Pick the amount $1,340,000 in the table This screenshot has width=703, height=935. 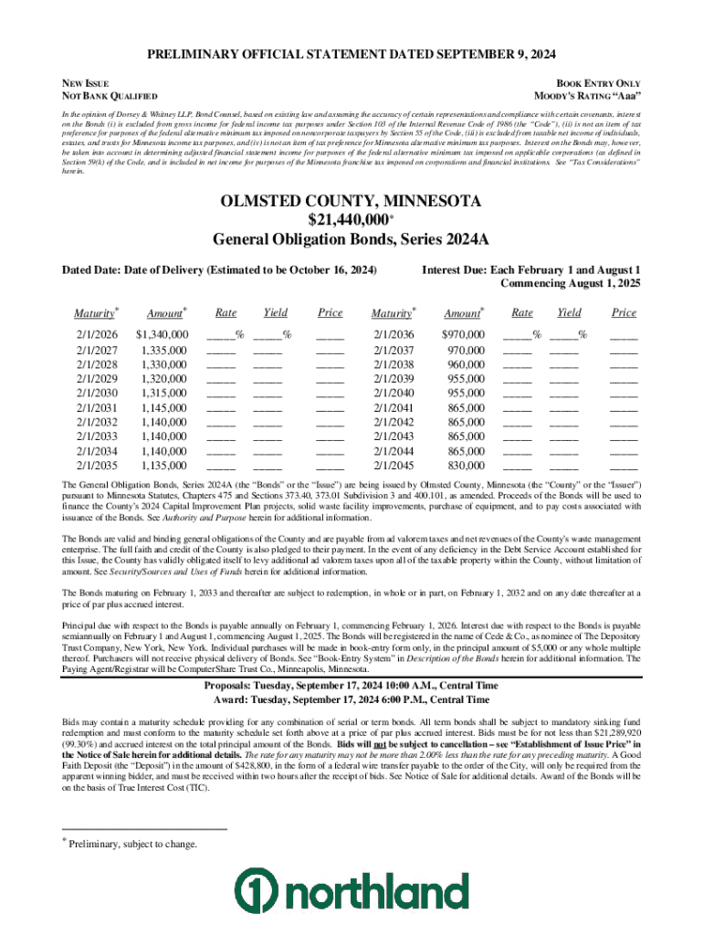[x=162, y=335]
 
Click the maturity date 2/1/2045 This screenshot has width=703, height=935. [x=393, y=465]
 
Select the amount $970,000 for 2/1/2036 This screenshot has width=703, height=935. [x=464, y=335]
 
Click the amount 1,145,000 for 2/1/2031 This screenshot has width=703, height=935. [x=164, y=407]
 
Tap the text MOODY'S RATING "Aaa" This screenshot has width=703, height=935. [x=587, y=96]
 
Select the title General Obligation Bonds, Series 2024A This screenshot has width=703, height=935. [x=351, y=240]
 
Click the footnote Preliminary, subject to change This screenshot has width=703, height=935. [x=132, y=845]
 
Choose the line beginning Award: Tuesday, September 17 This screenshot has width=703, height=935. [x=351, y=700]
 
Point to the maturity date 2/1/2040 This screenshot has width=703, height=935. [x=393, y=393]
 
